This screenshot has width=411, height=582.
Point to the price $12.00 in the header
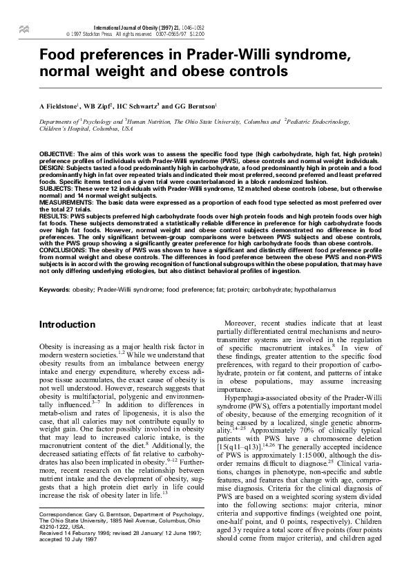[x=196, y=32]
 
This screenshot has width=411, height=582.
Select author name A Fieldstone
[x=59, y=107]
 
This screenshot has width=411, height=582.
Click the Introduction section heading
[x=66, y=324]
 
